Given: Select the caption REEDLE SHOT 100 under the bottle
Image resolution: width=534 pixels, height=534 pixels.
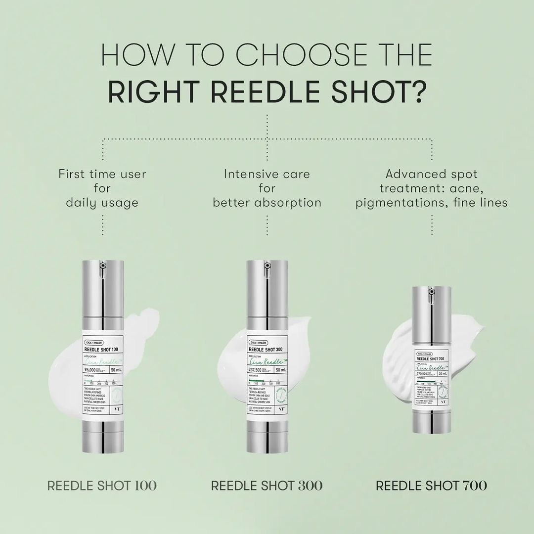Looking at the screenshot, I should tap(102, 485).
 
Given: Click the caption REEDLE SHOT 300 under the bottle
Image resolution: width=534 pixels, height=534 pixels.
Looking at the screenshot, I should tap(267, 485).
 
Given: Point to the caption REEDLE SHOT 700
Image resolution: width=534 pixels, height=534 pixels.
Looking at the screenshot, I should tap(431, 485).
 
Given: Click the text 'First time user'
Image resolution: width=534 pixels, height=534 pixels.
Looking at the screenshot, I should tap(102, 174).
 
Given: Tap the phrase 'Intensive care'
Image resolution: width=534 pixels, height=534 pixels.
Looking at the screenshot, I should tap(267, 174).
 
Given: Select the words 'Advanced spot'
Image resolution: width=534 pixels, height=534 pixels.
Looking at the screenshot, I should tap(432, 174).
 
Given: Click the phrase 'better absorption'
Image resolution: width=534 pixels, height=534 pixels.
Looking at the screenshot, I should tap(267, 203).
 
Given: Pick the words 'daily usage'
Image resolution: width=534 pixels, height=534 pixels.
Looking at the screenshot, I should tap(102, 203).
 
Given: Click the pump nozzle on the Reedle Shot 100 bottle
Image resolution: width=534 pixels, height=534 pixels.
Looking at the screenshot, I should tap(103, 266).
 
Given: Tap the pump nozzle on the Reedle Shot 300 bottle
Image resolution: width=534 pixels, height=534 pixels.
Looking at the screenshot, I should tap(267, 266).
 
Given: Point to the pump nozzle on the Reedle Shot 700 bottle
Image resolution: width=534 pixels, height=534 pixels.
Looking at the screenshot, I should tap(431, 292).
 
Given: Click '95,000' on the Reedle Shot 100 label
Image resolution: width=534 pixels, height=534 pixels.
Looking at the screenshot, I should tap(93, 370).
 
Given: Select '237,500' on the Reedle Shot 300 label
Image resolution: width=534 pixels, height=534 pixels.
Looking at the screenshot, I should tap(258, 370).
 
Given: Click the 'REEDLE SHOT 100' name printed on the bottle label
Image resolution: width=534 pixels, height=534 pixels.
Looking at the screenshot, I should tap(101, 350).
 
